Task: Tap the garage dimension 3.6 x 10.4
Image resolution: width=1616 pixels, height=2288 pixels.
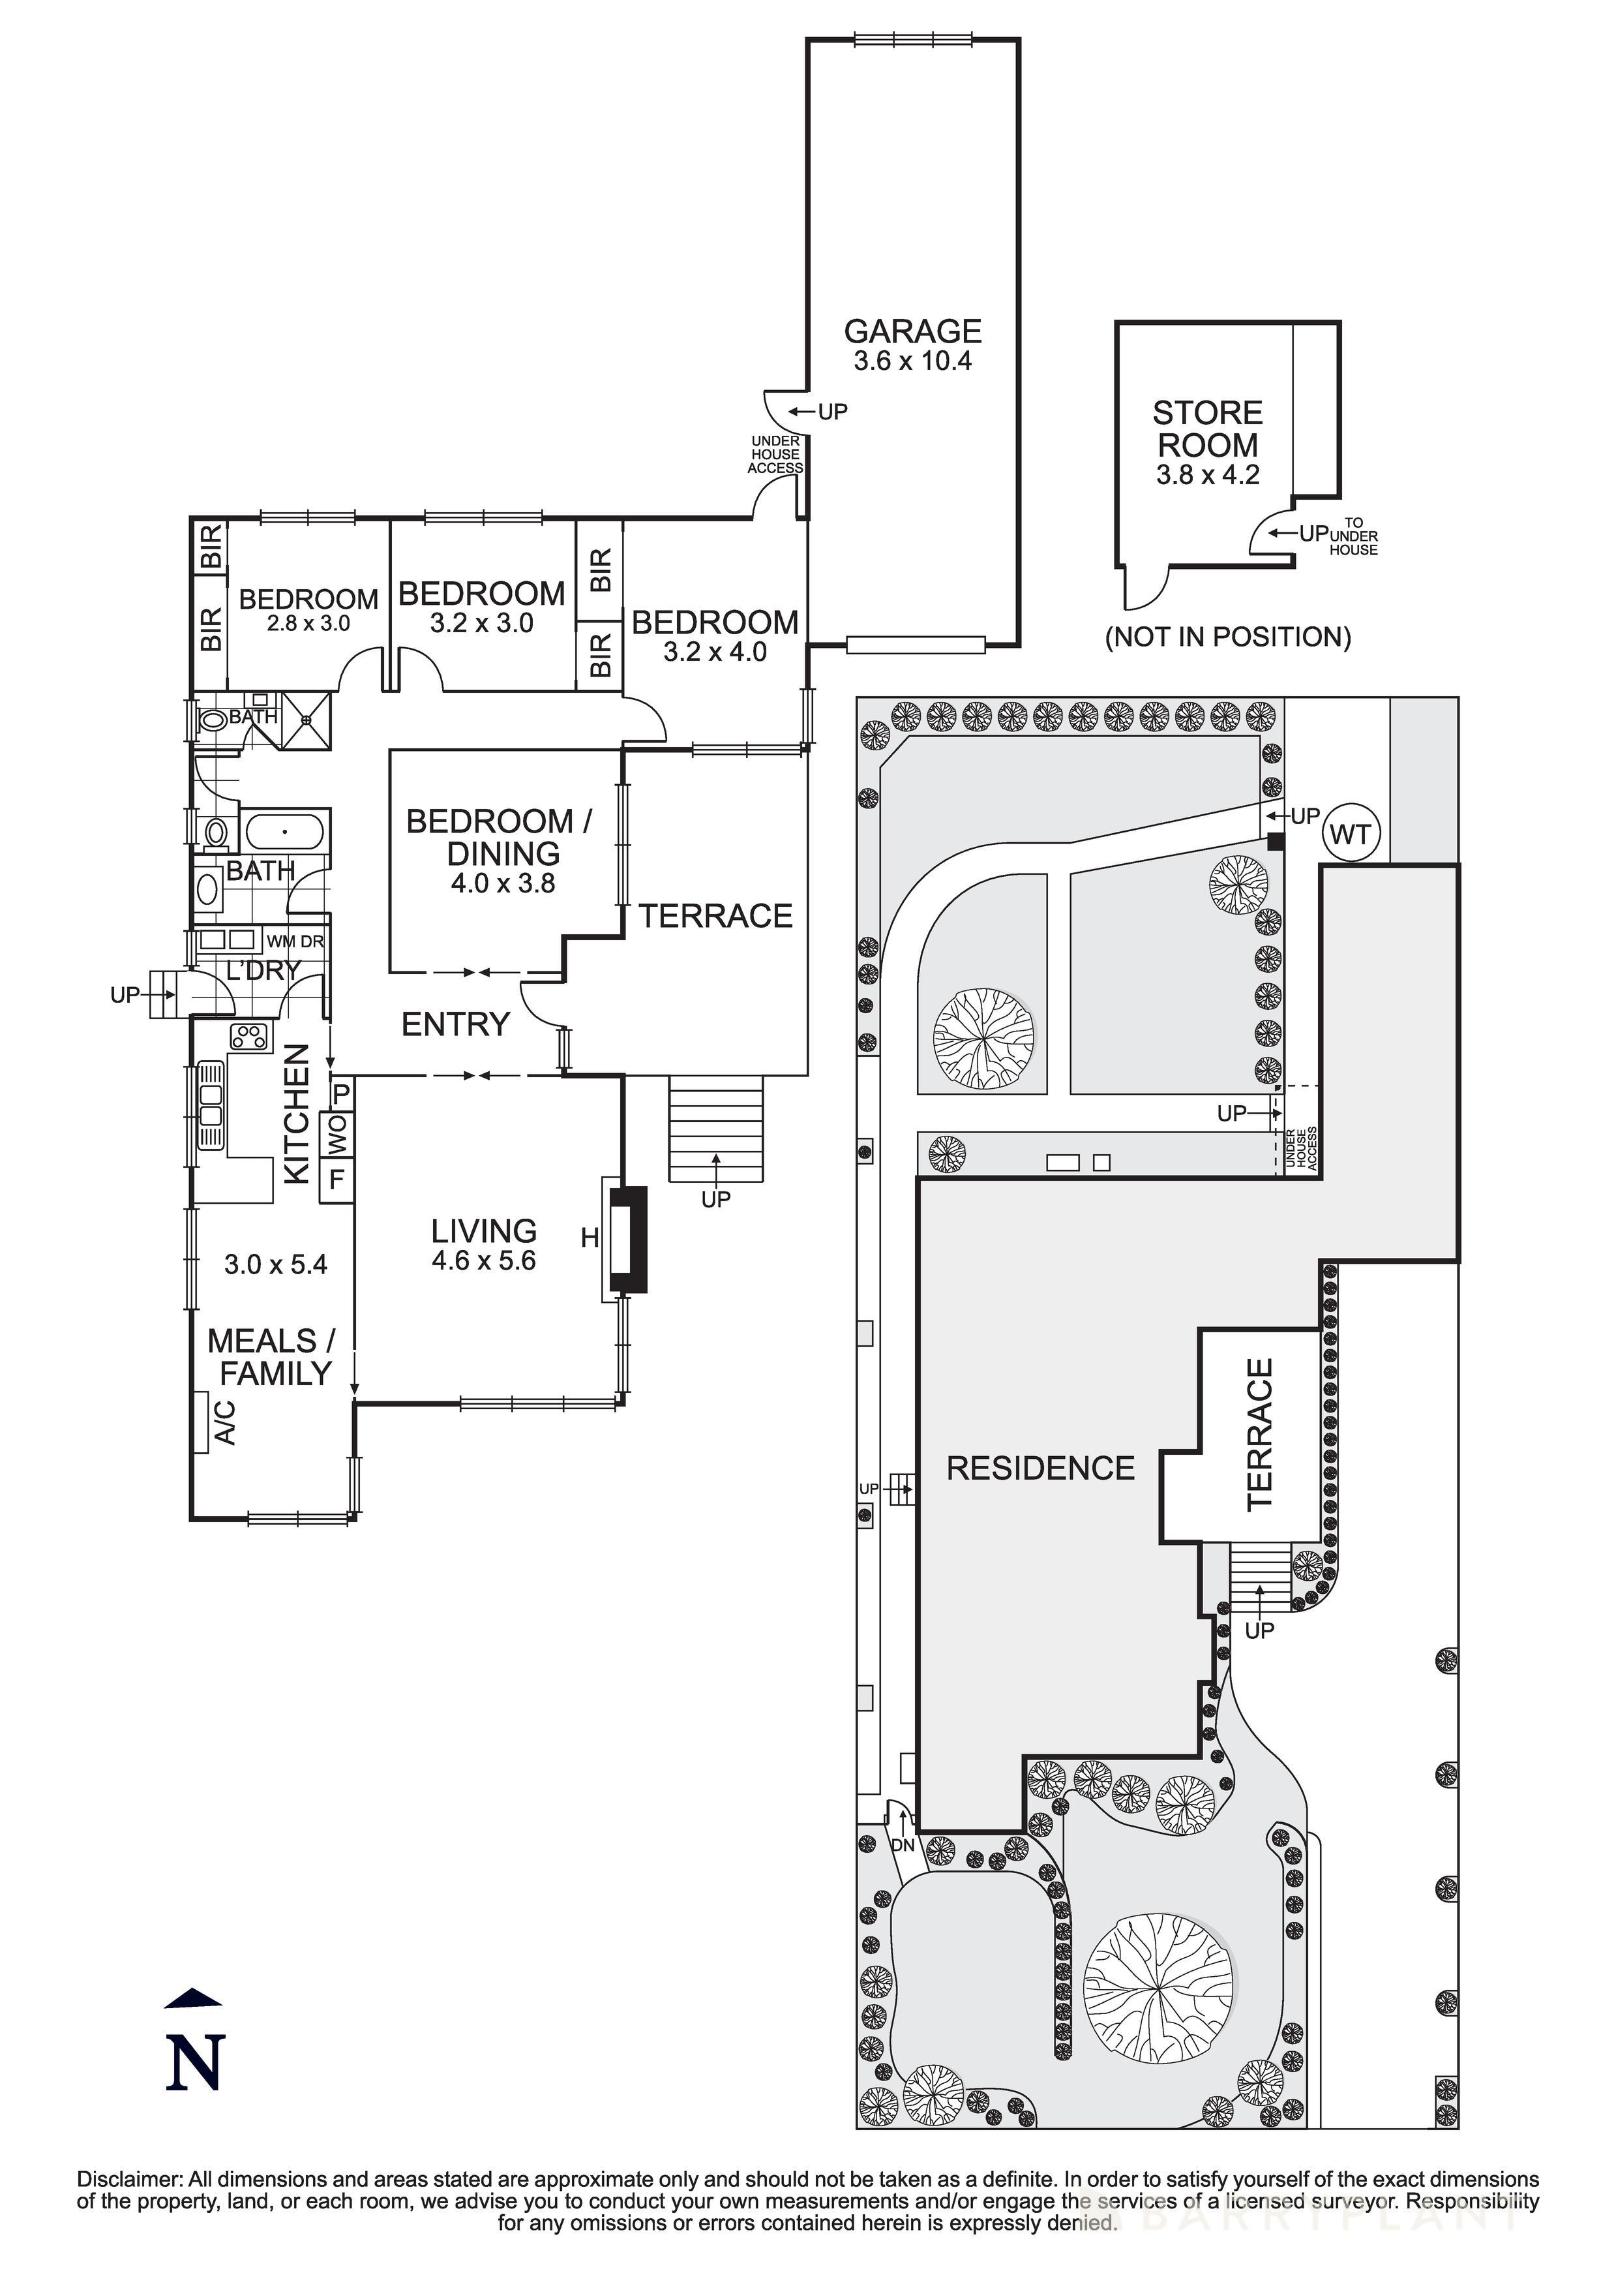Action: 912,361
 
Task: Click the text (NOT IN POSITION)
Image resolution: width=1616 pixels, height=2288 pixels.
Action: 1227,637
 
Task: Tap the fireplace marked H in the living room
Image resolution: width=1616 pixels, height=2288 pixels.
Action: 627,1239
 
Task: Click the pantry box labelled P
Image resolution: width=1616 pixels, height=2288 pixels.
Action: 340,1093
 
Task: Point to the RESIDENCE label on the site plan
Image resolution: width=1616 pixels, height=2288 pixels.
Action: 1040,1468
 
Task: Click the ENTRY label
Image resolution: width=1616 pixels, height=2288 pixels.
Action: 455,1024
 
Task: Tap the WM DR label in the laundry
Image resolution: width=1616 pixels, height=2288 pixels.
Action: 295,941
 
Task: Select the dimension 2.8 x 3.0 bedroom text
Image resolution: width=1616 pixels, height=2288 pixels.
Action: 307,624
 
